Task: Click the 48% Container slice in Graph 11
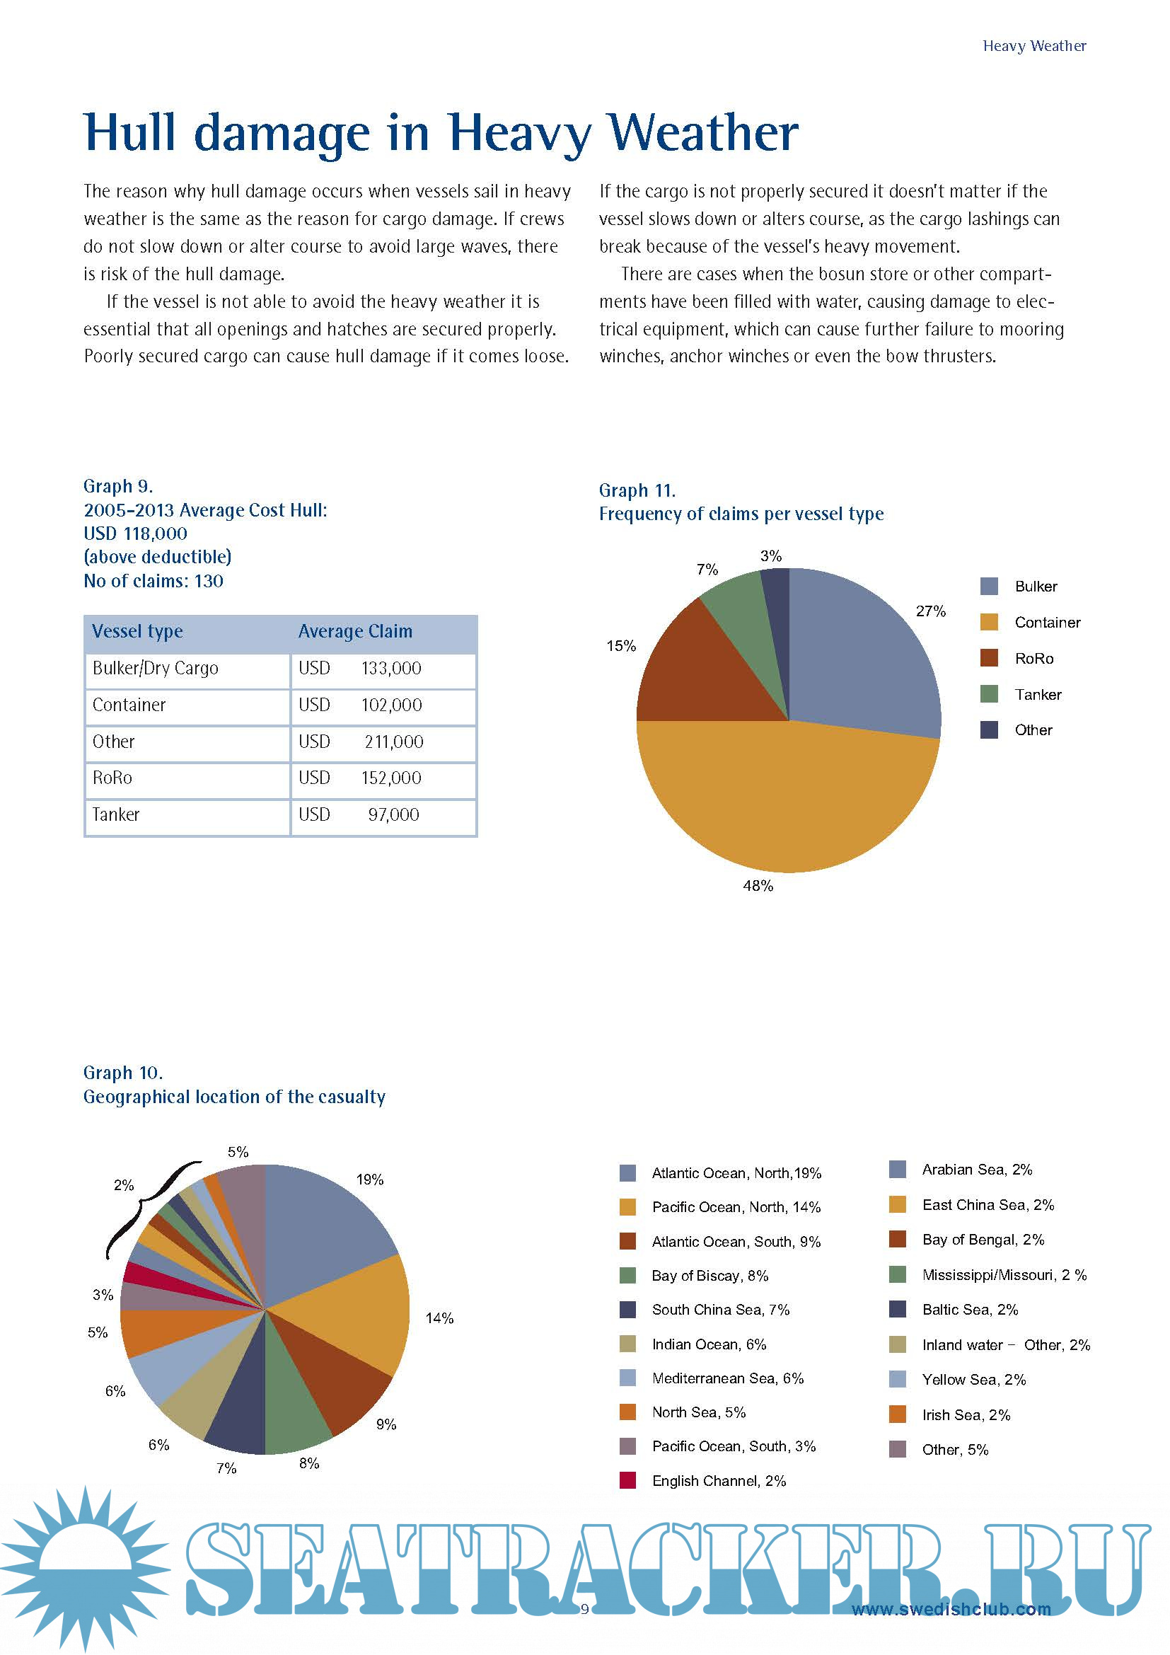tap(785, 800)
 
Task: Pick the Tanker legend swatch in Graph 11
tap(989, 694)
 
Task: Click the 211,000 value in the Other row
tap(393, 742)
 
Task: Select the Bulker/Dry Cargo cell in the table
tap(155, 668)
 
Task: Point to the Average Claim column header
tap(355, 631)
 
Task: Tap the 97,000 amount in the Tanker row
tap(393, 814)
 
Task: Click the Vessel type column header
tap(138, 631)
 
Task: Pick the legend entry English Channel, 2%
tap(718, 1481)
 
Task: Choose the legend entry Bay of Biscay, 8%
tap(709, 1276)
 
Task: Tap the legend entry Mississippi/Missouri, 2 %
tap(1004, 1275)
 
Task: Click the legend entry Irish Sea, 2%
tap(966, 1415)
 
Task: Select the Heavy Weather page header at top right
tap(1034, 46)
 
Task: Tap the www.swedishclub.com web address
tap(951, 1610)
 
